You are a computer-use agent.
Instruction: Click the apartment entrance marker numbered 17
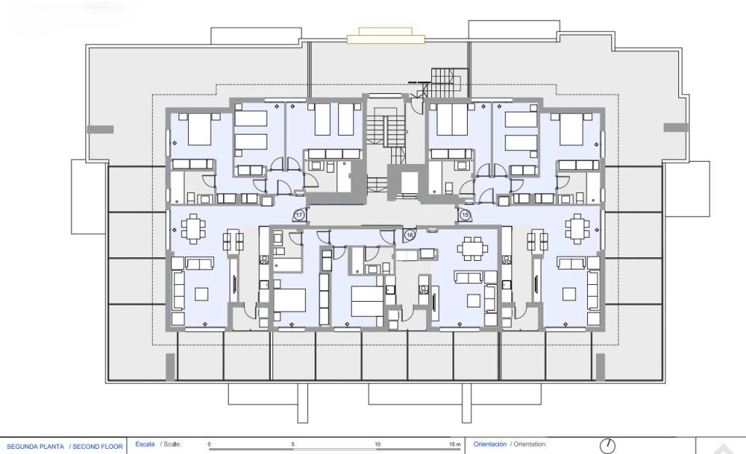[x=299, y=215]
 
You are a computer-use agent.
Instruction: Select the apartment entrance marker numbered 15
[x=466, y=215]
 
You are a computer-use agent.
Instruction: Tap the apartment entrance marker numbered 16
[x=409, y=235]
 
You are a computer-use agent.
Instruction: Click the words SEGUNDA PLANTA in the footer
[x=35, y=445]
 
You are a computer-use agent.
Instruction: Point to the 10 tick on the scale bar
[x=377, y=444]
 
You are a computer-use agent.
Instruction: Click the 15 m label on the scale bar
[x=455, y=444]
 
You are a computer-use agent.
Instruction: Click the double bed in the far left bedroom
[x=199, y=131]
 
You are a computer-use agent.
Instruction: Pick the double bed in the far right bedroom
[x=571, y=131]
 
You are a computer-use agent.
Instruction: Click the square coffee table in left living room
[x=202, y=293]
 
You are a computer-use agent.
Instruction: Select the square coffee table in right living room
[x=569, y=293]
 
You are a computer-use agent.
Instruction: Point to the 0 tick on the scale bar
[x=209, y=444]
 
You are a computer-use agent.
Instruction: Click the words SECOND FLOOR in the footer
[x=98, y=445]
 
